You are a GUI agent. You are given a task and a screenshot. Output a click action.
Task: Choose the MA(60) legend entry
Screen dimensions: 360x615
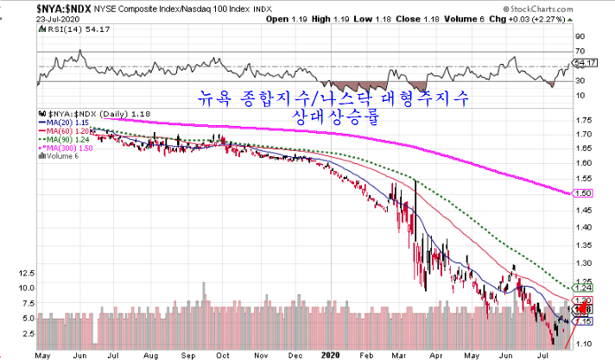pos(64,130)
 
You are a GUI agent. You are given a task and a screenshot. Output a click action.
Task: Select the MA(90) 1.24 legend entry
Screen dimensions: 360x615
pos(64,139)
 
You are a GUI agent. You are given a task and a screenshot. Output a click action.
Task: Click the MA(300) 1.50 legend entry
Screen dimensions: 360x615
pos(67,148)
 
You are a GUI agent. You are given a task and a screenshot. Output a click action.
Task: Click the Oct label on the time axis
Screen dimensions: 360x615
pos(223,353)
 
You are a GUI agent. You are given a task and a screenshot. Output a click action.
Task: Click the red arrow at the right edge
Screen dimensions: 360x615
pos(582,306)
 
